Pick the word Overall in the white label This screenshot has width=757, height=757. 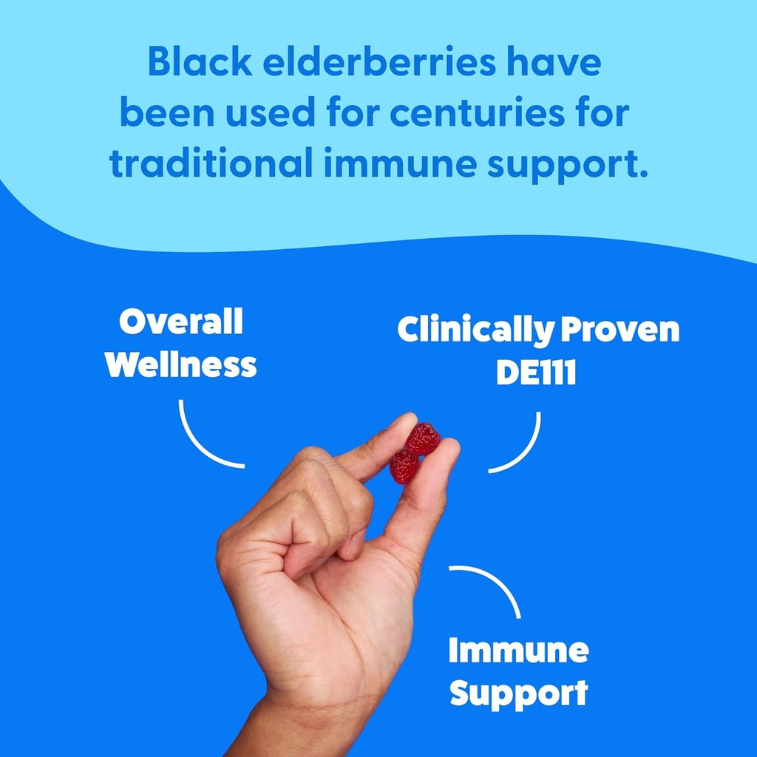pos(181,322)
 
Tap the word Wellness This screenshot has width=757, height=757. pos(181,364)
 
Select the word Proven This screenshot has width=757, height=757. pos(619,330)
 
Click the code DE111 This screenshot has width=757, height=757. pos(536,373)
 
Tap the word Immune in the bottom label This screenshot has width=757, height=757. pos(518,651)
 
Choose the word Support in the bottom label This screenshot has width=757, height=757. pos(518,693)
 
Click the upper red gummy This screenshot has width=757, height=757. pos(424,438)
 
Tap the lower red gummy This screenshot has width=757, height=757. pos(404,466)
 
